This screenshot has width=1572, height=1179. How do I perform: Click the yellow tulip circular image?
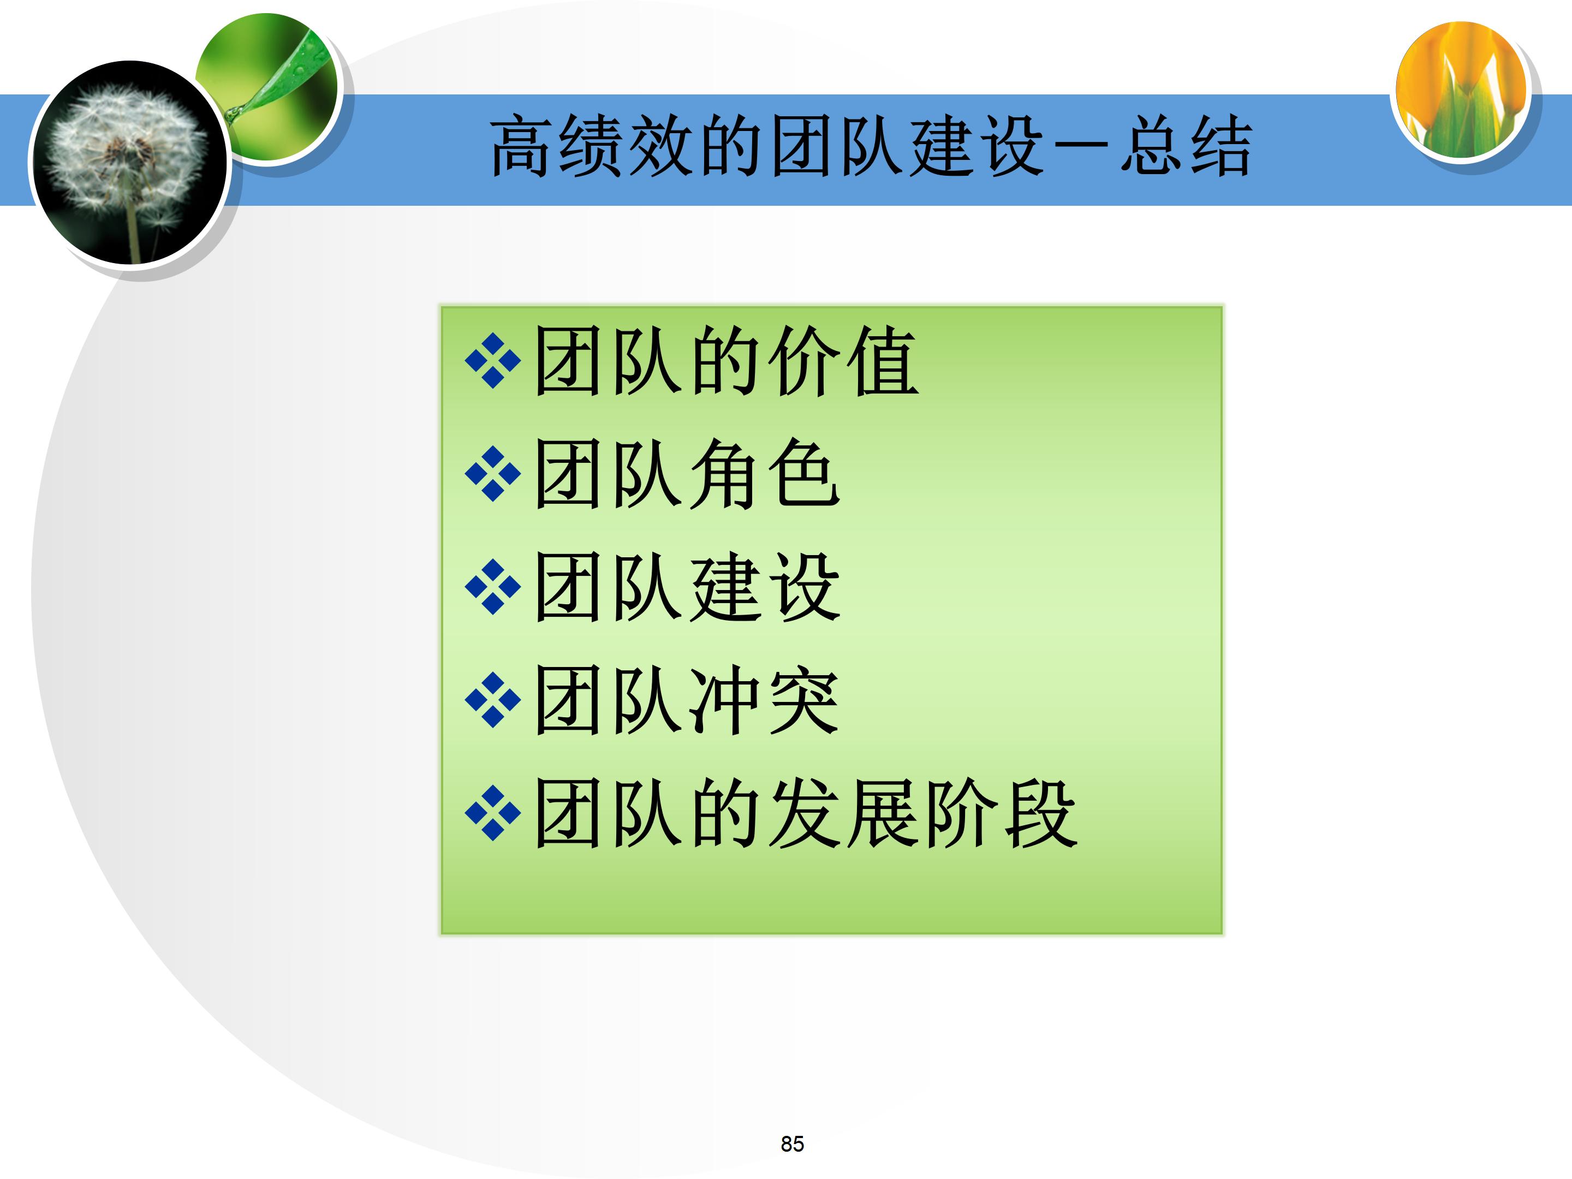(1461, 90)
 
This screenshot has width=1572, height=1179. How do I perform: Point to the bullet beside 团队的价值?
(492, 360)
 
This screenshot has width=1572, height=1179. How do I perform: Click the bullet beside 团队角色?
(492, 473)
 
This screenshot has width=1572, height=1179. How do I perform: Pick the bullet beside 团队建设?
(492, 586)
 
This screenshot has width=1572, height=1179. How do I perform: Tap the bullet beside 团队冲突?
(492, 700)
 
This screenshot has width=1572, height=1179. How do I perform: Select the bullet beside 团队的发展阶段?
(492, 813)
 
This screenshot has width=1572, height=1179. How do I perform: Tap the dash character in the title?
(1080, 146)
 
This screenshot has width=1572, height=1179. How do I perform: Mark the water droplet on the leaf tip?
(233, 112)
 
